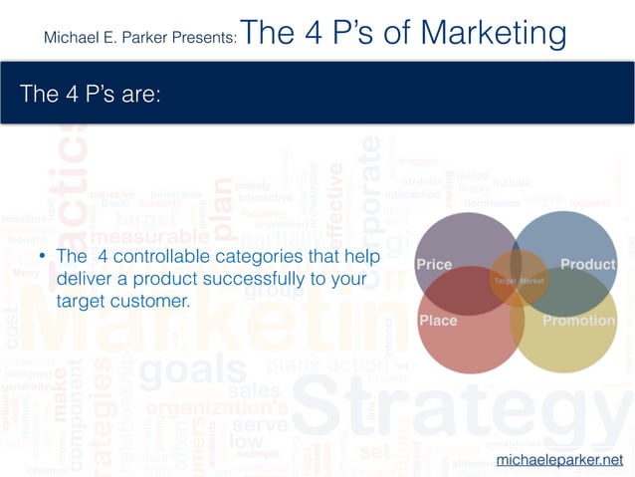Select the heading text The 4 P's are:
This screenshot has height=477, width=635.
pyautogui.click(x=91, y=94)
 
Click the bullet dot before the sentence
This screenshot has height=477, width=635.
pyautogui.click(x=43, y=258)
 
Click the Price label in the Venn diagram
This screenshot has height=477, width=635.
pyautogui.click(x=434, y=265)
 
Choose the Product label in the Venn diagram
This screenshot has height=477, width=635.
pyautogui.click(x=587, y=265)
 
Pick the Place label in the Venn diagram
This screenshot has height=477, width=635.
pyautogui.click(x=438, y=321)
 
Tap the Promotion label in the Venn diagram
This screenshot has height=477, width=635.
pyautogui.click(x=578, y=321)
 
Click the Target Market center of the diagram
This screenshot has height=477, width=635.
pyautogui.click(x=519, y=282)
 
